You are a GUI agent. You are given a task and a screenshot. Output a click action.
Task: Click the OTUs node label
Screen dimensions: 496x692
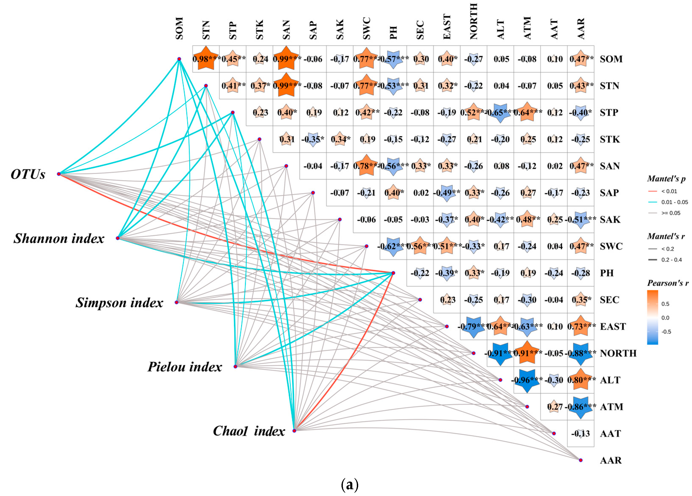tap(28, 174)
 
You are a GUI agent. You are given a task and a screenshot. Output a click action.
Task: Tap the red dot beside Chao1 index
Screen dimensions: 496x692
tap(294, 430)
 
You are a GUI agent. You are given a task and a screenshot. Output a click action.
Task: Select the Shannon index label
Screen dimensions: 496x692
tap(59, 238)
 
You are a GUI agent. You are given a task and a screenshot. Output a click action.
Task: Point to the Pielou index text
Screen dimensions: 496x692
tap(185, 367)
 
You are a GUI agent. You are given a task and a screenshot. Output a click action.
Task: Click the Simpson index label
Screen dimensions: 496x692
tap(119, 303)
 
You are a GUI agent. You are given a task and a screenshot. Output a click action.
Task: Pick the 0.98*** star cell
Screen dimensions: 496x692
tap(206, 59)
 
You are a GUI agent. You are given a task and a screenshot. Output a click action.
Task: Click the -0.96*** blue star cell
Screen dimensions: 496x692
tap(527, 380)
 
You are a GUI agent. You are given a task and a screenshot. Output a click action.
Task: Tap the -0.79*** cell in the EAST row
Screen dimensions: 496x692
tap(473, 327)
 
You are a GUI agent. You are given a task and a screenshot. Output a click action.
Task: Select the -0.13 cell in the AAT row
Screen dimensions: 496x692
tap(580, 434)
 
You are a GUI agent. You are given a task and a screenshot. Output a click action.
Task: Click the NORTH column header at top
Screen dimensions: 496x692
tap(473, 21)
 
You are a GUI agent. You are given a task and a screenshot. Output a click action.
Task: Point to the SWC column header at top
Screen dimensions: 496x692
tap(367, 28)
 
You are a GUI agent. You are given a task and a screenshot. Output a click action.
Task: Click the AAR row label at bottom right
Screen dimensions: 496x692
tap(611, 460)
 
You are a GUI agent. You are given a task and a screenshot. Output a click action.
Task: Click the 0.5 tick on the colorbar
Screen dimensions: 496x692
tap(665, 304)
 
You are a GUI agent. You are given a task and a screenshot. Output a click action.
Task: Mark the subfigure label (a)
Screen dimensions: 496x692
tap(349, 485)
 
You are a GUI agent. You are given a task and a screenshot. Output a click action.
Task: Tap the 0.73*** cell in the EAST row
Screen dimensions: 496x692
tap(581, 327)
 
